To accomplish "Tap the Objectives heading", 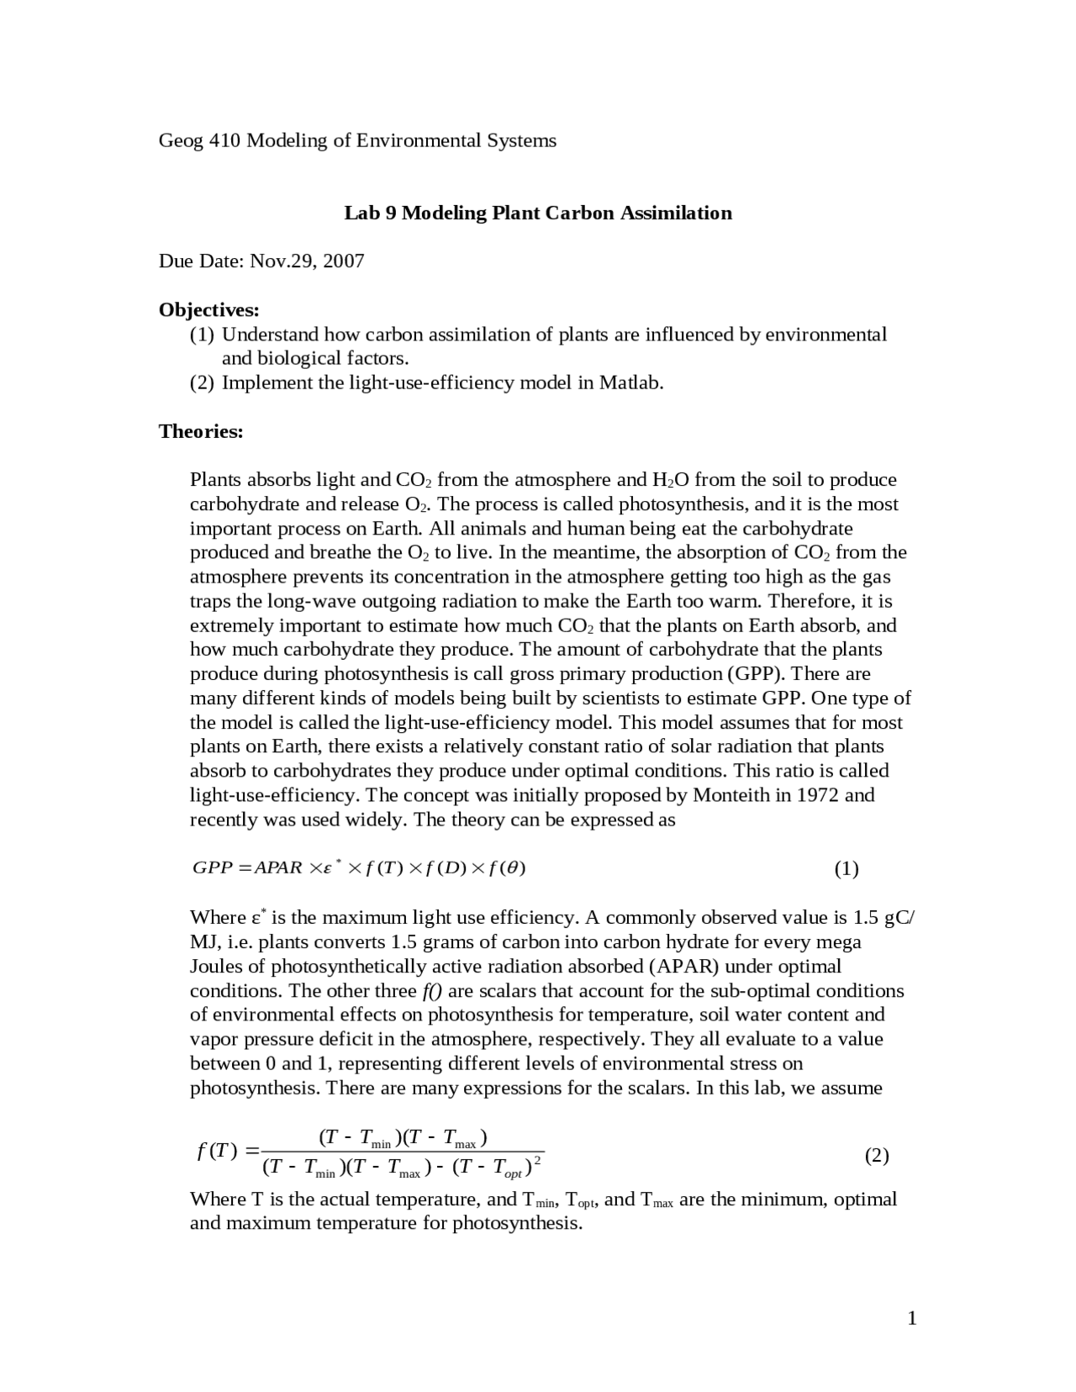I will click(209, 310).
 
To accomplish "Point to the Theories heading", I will click(201, 432).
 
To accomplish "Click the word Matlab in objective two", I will click(630, 383).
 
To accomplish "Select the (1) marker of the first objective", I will click(202, 335).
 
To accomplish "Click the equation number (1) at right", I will click(846, 869).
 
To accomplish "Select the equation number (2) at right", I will click(876, 1156).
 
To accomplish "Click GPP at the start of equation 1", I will click(213, 868).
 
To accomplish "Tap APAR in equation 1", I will click(278, 868).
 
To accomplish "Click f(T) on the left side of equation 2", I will click(218, 1151).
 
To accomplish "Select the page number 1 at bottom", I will click(912, 1318).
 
